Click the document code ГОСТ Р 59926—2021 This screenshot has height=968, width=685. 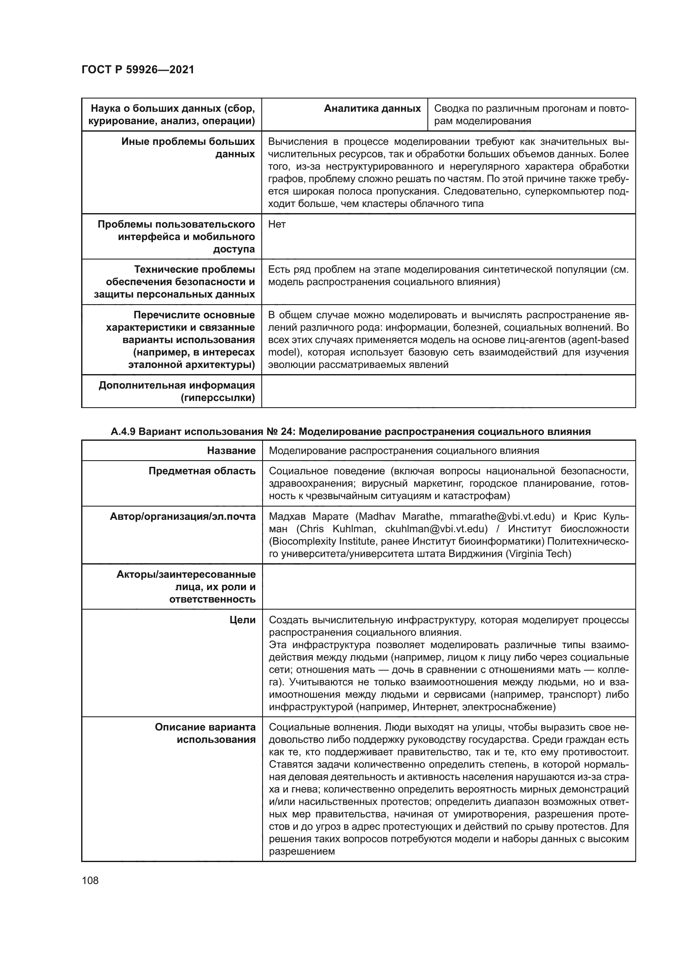[137, 70]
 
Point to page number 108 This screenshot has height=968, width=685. [90, 880]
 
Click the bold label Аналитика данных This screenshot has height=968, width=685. [372, 109]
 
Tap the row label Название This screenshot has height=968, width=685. [231, 451]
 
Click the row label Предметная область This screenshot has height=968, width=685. [202, 471]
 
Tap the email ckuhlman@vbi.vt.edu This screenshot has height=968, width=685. [436, 529]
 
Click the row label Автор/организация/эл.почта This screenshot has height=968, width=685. [183, 517]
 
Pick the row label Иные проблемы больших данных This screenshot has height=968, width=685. [188, 148]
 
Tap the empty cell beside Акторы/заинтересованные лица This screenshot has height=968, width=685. [448, 586]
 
